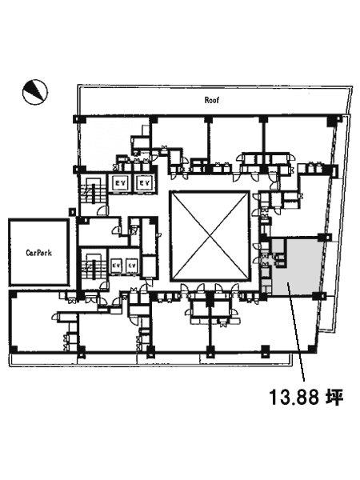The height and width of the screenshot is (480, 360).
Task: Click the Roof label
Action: (212, 100)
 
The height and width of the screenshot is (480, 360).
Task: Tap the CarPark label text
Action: (39, 253)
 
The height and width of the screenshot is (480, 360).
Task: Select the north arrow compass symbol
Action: (35, 92)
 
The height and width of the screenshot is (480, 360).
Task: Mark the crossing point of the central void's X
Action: (210, 235)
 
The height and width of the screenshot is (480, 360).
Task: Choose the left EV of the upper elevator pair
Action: (118, 183)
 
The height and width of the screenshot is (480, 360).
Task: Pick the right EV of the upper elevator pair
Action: (144, 183)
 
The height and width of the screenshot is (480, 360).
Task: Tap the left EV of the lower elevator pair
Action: (115, 265)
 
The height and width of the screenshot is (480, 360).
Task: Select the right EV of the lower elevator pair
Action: (131, 265)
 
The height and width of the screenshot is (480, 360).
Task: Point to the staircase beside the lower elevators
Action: (93, 266)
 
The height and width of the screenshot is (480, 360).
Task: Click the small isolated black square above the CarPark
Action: (72, 211)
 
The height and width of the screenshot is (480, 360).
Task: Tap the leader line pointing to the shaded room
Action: (296, 332)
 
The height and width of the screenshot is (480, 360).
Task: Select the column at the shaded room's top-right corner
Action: (322, 237)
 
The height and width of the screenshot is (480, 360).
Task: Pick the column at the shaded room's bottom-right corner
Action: (317, 295)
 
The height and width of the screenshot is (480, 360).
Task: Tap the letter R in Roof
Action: (207, 100)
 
